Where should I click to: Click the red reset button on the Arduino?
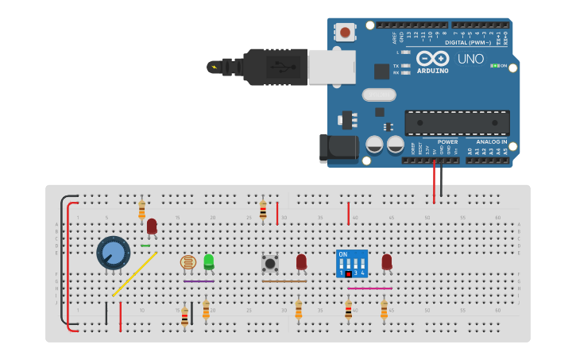345,33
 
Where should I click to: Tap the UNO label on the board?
470,59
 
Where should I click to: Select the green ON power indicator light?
494,66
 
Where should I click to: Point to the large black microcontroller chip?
456,123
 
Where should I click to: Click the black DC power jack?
337,149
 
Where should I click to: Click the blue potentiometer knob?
114,253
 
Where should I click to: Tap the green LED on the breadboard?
209,261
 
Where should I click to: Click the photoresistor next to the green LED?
188,262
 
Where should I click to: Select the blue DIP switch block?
352,263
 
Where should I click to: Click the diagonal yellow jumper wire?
134,274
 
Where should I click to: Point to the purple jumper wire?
199,281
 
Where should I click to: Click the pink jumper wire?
369,288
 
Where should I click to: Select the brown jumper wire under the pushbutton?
284,281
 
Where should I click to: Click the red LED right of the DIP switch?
387,261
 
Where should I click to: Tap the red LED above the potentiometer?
152,226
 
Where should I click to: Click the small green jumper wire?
145,246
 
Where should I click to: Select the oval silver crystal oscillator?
379,95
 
